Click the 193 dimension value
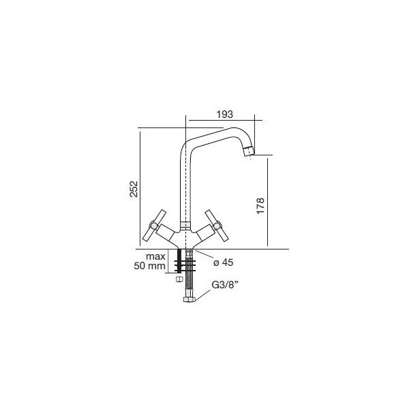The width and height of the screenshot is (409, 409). coord(224,115)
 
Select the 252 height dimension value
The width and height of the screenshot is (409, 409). coord(134,189)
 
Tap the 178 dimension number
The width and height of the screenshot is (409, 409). coord(260,206)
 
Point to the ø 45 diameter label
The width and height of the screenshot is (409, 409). coord(224,262)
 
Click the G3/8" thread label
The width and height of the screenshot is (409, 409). coord(224,285)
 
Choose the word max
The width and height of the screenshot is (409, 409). coord(155,256)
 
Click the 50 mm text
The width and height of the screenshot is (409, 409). coord(149,266)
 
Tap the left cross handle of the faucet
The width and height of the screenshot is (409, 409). coord(154,225)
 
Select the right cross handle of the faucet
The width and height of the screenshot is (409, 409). coord(217,225)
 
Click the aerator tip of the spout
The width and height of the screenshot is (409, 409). coord(248,151)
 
